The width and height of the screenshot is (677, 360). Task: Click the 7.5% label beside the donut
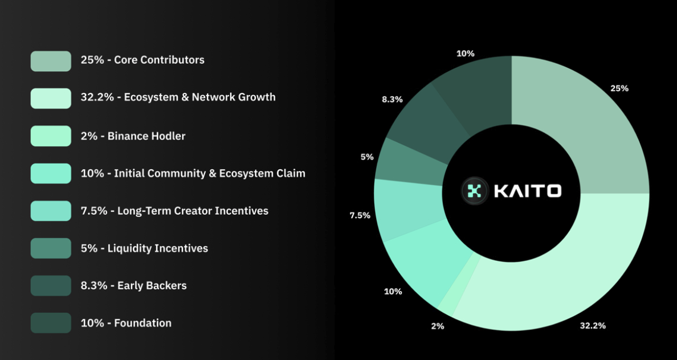click(x=360, y=215)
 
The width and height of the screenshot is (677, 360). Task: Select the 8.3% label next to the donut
click(x=392, y=99)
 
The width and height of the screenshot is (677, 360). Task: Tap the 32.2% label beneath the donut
click(x=593, y=325)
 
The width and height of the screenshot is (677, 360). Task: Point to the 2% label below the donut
click(x=438, y=326)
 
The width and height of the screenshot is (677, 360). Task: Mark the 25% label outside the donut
click(x=619, y=88)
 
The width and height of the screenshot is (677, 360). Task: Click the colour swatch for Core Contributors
click(x=51, y=61)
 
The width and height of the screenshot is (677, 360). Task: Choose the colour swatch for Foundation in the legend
click(x=51, y=323)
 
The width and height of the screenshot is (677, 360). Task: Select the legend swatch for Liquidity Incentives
click(x=51, y=248)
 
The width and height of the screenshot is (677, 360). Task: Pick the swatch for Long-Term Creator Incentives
click(x=51, y=211)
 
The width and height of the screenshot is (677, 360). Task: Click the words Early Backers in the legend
click(x=152, y=285)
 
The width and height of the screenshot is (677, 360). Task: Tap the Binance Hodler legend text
click(x=146, y=136)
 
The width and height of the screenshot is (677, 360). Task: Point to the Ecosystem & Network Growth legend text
click(x=199, y=97)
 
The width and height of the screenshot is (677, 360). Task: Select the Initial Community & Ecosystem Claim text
click(x=209, y=173)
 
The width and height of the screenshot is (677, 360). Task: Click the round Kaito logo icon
click(x=475, y=191)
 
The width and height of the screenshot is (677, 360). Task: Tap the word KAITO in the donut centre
click(x=528, y=191)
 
